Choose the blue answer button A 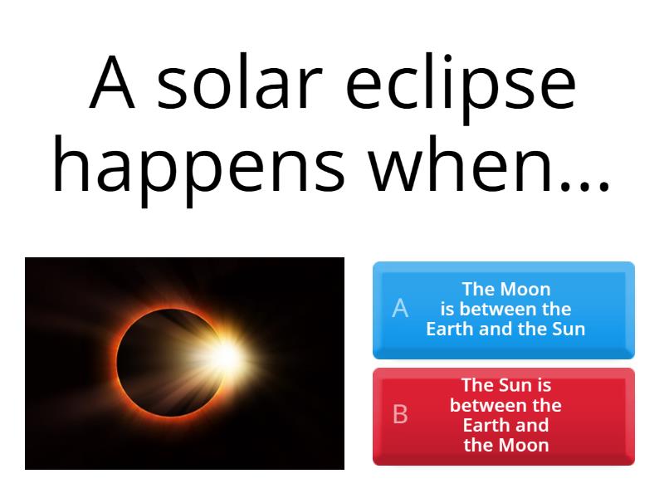503,310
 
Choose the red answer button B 503,416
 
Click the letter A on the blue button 400,309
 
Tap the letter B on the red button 400,414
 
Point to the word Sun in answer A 569,329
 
